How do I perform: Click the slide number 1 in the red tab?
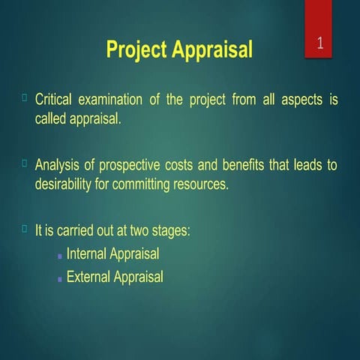(319, 43)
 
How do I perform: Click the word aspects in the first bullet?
(303, 101)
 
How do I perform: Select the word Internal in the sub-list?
(86, 254)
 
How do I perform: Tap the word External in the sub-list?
(88, 277)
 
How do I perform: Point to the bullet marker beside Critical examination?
(25, 97)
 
